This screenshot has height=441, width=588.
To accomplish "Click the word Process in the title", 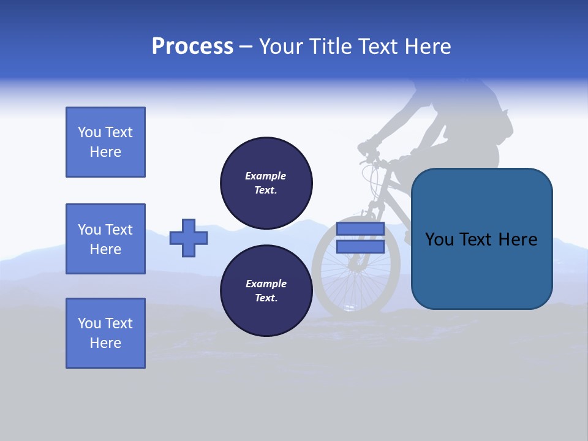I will (192, 47).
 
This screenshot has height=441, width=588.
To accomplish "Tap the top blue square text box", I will (105, 142).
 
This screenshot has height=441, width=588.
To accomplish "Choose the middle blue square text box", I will (105, 239).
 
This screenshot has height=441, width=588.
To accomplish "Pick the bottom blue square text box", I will (105, 333).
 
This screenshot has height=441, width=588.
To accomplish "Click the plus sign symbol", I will (189, 238).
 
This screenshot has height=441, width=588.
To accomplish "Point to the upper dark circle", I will (266, 183).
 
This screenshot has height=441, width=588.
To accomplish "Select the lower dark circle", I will (266, 290).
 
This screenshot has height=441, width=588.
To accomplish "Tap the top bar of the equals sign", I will (360, 229).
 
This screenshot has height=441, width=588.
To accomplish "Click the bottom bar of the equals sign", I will (360, 247).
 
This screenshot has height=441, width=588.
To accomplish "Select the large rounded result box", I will (481, 239).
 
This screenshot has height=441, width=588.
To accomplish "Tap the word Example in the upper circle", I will (266, 176).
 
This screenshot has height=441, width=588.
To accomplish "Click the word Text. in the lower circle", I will (266, 298).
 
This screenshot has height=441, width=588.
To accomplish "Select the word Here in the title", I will (428, 47).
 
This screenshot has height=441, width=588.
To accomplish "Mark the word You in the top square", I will (89, 132).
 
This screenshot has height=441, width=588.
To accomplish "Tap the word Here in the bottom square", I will (105, 343).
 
